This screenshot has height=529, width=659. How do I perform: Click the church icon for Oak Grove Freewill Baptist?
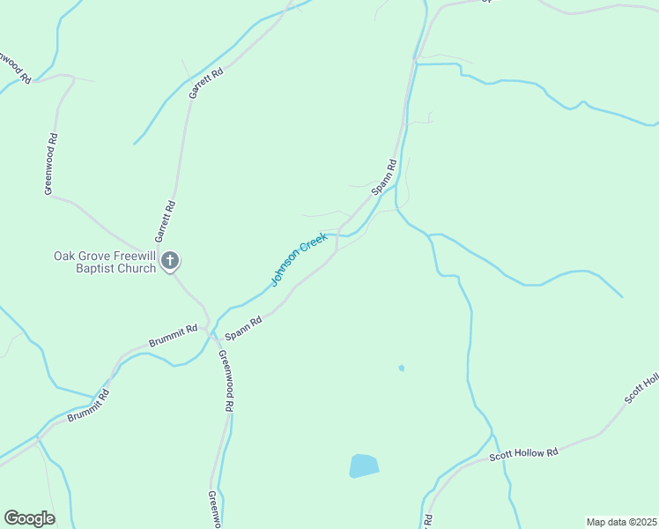point(171,260)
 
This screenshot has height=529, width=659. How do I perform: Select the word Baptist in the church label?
point(98,268)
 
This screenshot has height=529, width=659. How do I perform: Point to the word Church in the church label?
point(138,268)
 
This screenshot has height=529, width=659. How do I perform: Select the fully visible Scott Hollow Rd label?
point(524,455)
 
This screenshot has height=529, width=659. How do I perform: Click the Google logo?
point(29,518)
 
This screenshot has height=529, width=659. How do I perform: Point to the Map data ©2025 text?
point(620,522)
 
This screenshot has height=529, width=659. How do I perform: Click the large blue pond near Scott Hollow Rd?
point(364,466)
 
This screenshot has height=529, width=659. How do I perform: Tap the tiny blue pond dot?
point(401,368)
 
